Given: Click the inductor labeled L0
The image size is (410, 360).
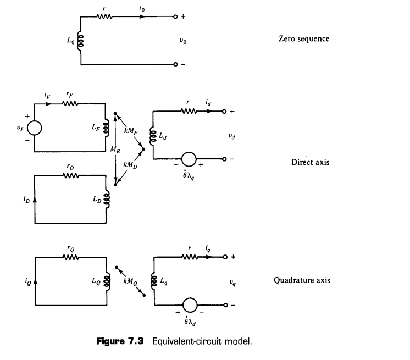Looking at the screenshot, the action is click(x=81, y=41).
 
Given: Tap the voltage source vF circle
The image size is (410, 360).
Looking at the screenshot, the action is click(x=34, y=128).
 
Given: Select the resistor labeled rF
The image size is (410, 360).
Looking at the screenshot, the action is click(x=70, y=104).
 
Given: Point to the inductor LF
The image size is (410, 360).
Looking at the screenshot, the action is click(x=106, y=128).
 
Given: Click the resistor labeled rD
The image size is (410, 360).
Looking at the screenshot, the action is click(x=71, y=176).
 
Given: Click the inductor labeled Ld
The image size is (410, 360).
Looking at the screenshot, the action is click(x=153, y=136).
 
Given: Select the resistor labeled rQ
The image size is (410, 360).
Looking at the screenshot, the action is click(x=71, y=258).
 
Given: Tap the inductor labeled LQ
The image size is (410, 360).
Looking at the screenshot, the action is click(x=107, y=281).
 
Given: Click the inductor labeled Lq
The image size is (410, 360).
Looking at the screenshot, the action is click(x=154, y=281).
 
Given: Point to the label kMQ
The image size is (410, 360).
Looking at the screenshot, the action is click(x=130, y=281).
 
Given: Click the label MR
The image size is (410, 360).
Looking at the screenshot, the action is click(x=115, y=149).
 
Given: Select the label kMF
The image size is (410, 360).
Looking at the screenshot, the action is click(x=130, y=130).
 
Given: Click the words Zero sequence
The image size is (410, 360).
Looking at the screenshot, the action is click(x=304, y=38).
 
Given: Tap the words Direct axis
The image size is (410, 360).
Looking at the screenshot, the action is click(x=311, y=162).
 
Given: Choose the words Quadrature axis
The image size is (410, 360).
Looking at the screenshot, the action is click(x=302, y=280).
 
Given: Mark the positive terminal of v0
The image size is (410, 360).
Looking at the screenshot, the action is click(x=175, y=16).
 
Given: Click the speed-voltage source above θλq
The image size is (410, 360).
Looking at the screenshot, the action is click(x=189, y=159).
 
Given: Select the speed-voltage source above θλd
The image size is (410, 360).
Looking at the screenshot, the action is click(x=190, y=305).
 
